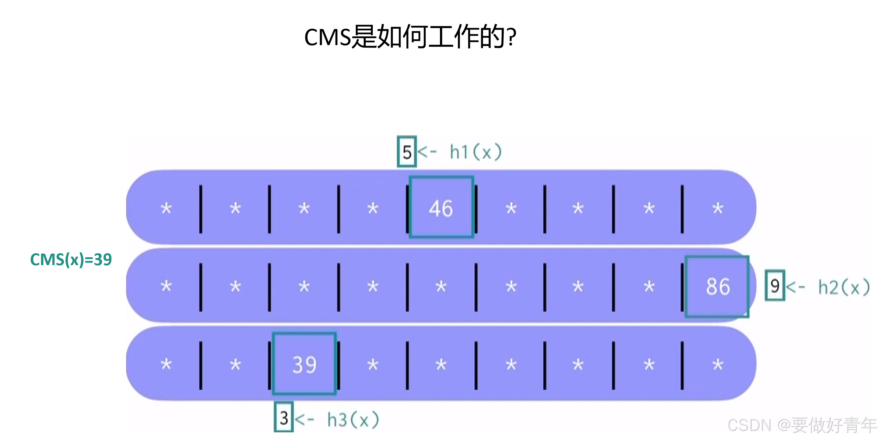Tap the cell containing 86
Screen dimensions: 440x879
(717, 287)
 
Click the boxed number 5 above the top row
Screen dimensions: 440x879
(407, 152)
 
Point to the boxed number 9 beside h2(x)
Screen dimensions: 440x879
(775, 286)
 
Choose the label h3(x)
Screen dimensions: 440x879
(353, 420)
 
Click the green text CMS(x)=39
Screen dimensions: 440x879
(71, 260)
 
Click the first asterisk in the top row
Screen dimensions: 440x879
(166, 208)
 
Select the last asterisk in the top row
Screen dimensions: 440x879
(718, 208)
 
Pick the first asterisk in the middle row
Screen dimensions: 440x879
(166, 286)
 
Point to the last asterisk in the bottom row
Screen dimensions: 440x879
(718, 365)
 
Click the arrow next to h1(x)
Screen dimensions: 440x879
(427, 151)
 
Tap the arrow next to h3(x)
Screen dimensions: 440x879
(304, 419)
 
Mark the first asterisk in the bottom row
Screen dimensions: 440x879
(166, 365)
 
